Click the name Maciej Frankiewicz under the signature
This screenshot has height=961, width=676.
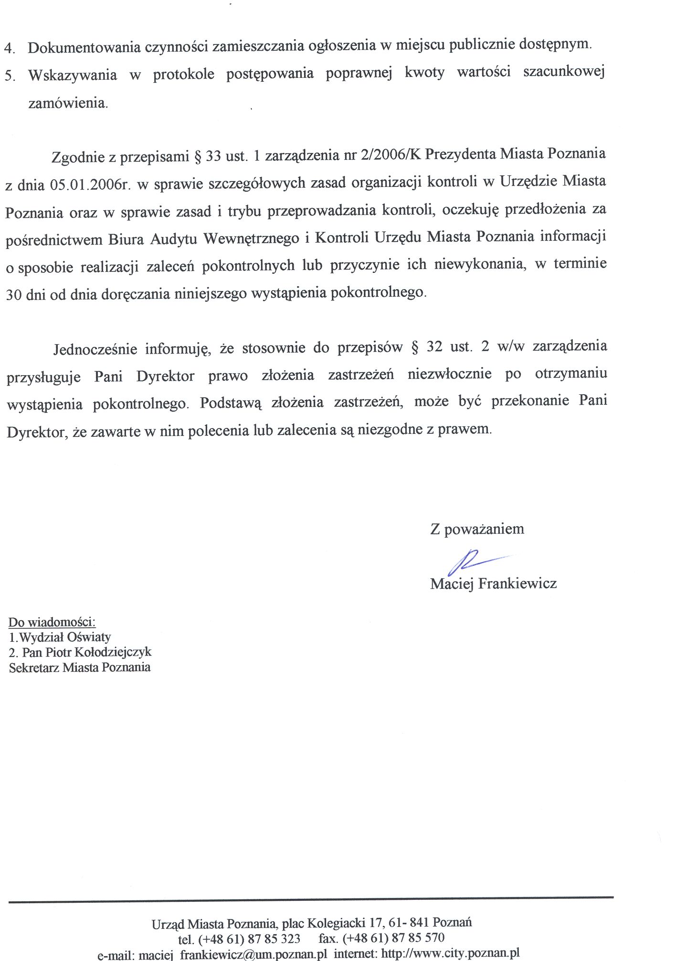(x=493, y=583)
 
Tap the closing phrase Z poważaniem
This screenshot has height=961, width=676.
(x=477, y=529)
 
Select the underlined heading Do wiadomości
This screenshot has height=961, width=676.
(x=52, y=622)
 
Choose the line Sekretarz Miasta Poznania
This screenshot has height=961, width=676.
(x=80, y=667)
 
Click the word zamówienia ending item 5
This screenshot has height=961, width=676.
(x=68, y=103)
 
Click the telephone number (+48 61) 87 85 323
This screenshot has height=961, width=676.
(x=249, y=939)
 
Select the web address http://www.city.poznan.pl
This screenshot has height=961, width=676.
(x=451, y=954)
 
